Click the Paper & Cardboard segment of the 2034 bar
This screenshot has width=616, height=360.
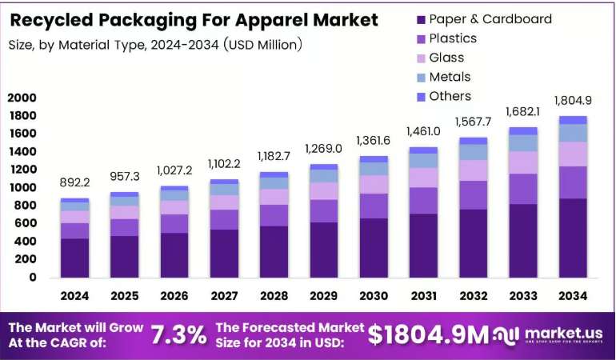point(573,238)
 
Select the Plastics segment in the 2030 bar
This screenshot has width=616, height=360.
point(374,206)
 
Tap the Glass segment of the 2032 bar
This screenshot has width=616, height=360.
point(474,170)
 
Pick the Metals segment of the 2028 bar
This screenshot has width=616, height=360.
point(274,183)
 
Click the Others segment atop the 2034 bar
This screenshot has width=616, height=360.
point(573,120)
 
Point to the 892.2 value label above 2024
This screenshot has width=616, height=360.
point(74,182)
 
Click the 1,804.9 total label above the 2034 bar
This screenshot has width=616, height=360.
point(573,101)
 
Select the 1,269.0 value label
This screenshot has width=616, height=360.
point(324,149)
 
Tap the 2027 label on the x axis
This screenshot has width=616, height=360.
point(224,296)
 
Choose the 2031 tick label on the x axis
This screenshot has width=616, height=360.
point(424,296)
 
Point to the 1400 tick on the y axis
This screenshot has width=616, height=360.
point(22,151)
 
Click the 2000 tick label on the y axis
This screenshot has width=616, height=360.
point(22,98)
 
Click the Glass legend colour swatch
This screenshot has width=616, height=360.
point(421,58)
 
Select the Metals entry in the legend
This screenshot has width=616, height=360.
point(443,77)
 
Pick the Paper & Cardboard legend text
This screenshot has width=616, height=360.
point(490,19)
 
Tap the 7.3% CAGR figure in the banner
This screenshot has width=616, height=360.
point(179,335)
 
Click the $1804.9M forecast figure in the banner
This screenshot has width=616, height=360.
point(428,335)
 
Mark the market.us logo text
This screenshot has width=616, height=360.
point(563,334)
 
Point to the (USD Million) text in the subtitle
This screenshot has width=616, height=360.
point(263,45)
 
